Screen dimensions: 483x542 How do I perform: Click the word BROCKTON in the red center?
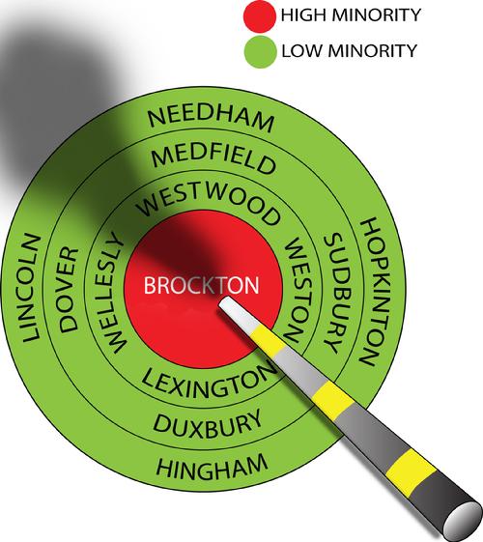point(201,285)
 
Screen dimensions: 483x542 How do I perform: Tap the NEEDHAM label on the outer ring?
point(212,120)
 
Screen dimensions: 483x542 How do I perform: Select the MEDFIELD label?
point(213,158)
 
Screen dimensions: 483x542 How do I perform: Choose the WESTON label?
point(297,290)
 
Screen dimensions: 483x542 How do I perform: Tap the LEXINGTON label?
point(210,382)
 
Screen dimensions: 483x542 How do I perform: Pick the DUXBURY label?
point(208,424)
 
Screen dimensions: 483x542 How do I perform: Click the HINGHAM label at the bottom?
point(212,467)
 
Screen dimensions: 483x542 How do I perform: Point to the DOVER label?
point(68,290)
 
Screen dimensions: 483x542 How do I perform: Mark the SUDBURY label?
point(336,293)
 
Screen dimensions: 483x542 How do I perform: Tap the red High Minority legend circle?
point(260,14)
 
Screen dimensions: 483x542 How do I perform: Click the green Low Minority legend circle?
point(260,51)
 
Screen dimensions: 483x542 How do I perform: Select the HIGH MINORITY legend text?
point(351,15)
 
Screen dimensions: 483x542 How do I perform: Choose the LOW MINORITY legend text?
point(350,50)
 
